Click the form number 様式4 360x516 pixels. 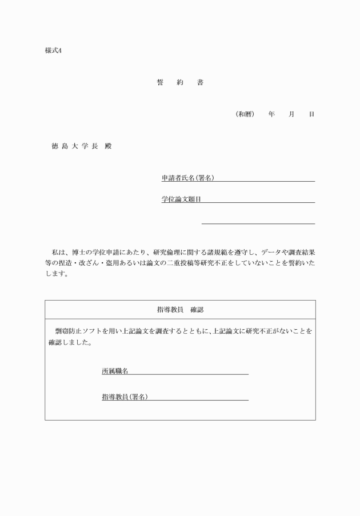[53, 50]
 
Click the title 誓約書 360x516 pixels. [180, 82]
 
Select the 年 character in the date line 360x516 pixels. [271, 114]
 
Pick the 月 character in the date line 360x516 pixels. [291, 114]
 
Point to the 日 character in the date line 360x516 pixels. [311, 114]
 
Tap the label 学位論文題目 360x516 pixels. [181, 199]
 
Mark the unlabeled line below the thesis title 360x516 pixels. [258, 223]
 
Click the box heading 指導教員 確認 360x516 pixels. [180, 310]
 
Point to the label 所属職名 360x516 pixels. [114, 371]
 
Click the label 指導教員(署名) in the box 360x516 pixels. [124, 397]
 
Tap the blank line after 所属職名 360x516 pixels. [189, 374]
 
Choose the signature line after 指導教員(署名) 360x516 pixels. [198, 400]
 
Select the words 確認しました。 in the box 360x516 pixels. [69, 344]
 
